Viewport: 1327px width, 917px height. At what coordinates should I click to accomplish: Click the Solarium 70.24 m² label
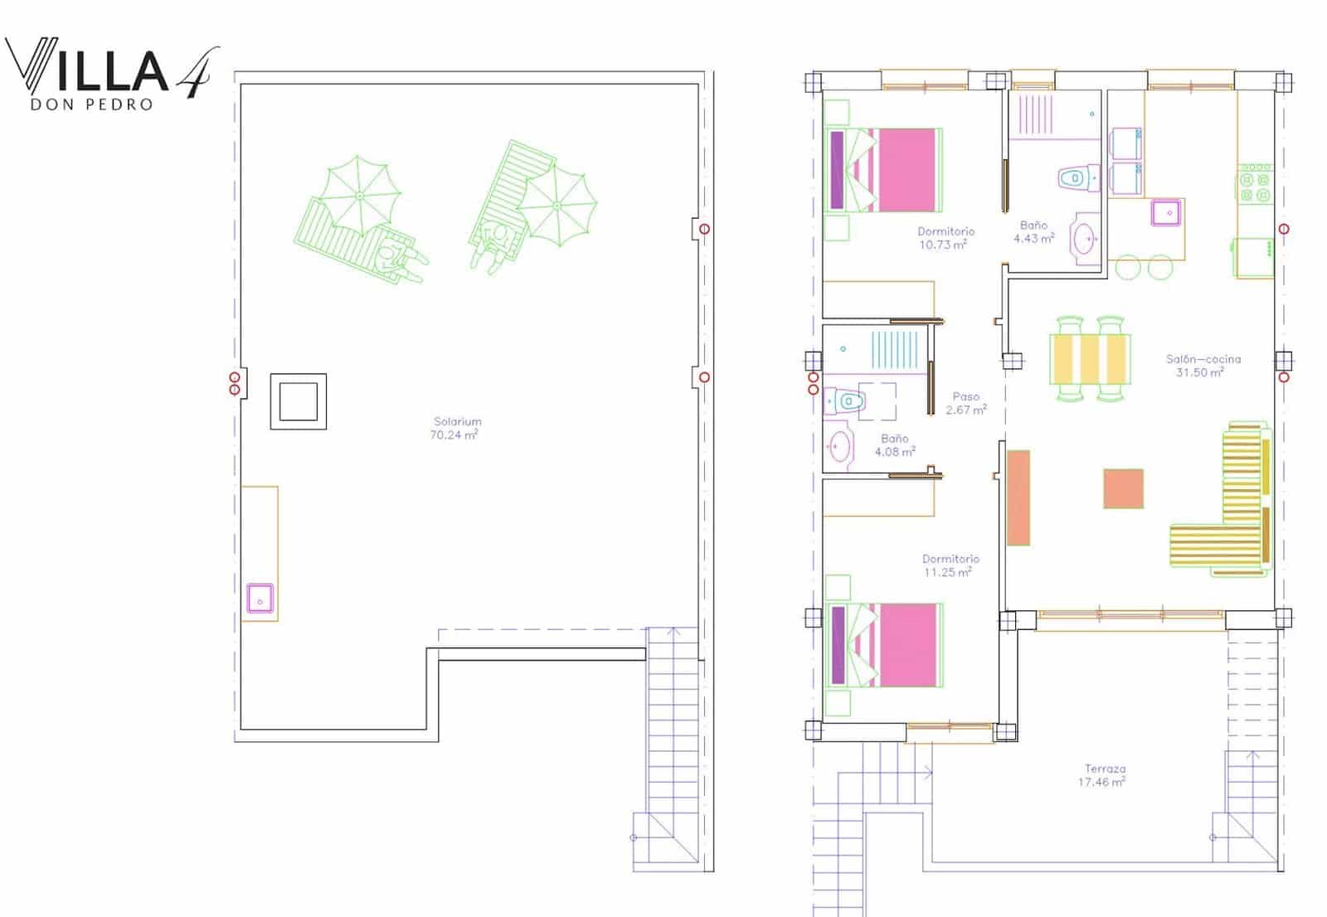coord(455,429)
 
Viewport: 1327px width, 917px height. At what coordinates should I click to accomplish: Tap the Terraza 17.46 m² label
coord(1102,775)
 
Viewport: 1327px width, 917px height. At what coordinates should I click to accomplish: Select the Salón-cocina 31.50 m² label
coord(1203,366)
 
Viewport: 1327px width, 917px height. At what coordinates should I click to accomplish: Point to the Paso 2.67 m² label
coord(966,403)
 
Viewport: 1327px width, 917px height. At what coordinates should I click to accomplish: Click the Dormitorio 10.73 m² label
coord(945,238)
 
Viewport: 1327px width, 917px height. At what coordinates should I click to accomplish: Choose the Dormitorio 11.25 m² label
coord(950,565)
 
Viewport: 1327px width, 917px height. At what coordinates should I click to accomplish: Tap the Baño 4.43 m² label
coord(1033,231)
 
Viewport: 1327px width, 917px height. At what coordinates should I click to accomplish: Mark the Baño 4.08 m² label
coord(895,445)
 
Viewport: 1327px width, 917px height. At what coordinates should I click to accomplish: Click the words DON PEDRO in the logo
coord(92,104)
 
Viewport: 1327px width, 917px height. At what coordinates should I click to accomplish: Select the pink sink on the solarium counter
coord(260,599)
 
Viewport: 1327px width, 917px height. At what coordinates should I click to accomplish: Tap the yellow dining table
coord(1090,359)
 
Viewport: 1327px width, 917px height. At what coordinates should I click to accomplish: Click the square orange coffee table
coord(1123,488)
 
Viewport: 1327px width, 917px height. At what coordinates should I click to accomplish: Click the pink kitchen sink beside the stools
coord(1166,212)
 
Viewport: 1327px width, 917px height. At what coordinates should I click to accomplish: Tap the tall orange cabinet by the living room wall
coord(1018,497)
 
